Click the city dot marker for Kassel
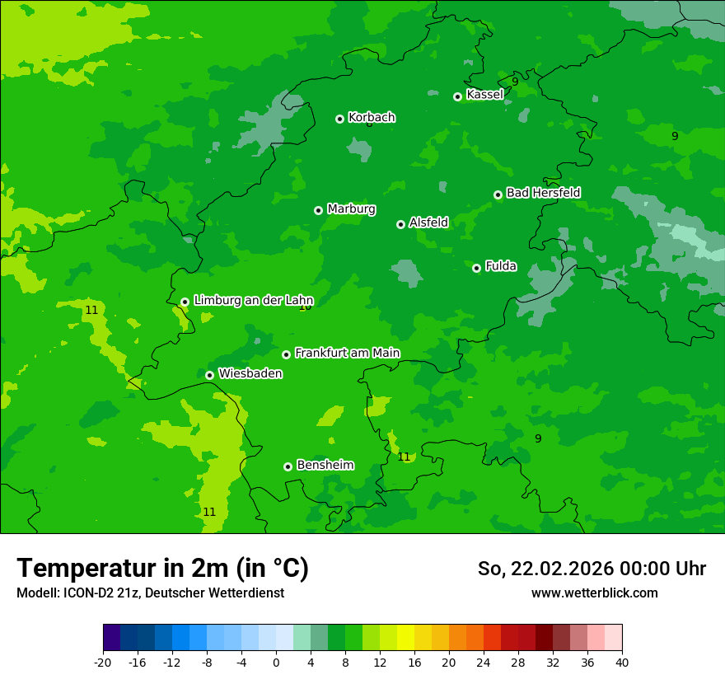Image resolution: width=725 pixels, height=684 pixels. [457, 96]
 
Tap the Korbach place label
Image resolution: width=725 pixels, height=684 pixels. [372, 117]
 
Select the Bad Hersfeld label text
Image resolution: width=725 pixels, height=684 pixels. [543, 193]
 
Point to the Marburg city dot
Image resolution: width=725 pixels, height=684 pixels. [318, 210]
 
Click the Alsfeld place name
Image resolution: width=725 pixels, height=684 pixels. [428, 223]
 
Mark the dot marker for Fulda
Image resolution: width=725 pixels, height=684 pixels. [476, 268]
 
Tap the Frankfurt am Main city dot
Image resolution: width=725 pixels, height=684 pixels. [286, 354]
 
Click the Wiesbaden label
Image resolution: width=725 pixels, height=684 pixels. [250, 373]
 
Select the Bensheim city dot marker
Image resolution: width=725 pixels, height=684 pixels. [288, 466]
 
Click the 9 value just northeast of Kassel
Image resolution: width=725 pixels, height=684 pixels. [515, 82]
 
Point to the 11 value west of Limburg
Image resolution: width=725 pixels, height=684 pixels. [91, 311]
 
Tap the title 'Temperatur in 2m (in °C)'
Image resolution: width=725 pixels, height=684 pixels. [162, 569]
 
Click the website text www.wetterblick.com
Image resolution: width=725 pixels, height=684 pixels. [594, 593]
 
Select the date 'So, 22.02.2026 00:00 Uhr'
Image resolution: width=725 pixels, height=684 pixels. [592, 569]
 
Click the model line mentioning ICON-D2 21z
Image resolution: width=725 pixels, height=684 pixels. [150, 593]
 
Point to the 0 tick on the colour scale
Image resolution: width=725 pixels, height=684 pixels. [276, 663]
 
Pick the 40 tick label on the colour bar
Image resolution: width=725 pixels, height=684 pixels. [622, 663]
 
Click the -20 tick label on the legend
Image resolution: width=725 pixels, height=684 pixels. [102, 663]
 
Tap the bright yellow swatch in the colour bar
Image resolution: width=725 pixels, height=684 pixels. [405, 638]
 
